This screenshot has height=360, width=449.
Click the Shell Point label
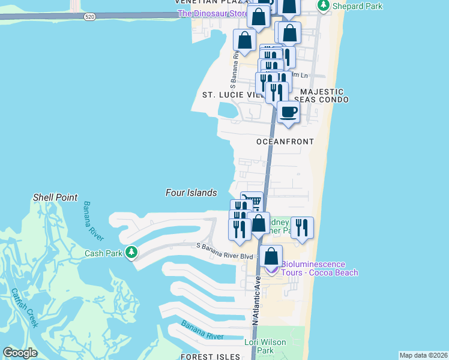tap(55, 197)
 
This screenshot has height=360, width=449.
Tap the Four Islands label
tap(191, 193)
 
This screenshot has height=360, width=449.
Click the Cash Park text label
tap(103, 253)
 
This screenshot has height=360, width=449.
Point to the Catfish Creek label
tap(24, 308)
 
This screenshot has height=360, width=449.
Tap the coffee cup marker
tap(288, 112)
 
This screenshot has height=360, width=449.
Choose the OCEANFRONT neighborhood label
tap(285, 142)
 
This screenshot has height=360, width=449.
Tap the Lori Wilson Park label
tap(265, 346)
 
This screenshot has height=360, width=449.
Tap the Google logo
tap(20, 353)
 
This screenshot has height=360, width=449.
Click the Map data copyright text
tap(423, 355)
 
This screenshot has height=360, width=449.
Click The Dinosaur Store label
tap(213, 13)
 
